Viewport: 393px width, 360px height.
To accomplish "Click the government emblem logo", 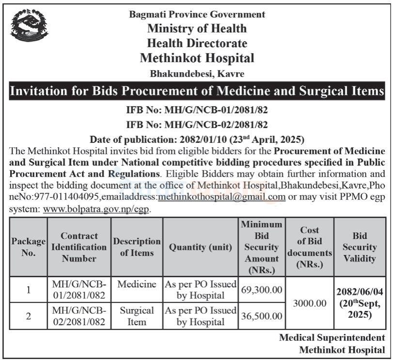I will click(30, 26).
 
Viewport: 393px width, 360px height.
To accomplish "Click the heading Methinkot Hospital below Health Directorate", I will click(197, 59).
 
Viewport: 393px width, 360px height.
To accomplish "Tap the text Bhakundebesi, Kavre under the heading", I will click(197, 74).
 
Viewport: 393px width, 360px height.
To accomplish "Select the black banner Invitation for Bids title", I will click(197, 91).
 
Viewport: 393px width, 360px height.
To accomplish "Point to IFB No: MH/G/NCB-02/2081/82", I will click(197, 125).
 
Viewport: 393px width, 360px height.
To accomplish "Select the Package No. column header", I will click(29, 247).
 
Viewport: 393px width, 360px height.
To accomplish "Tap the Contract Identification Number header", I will click(79, 247).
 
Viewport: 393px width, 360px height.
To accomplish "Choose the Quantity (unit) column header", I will click(201, 247).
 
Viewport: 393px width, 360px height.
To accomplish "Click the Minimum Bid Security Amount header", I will click(262, 247).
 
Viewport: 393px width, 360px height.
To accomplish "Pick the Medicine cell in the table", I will click(137, 283).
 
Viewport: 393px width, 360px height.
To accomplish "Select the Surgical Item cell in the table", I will click(137, 315).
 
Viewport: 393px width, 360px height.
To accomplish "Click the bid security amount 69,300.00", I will click(262, 290).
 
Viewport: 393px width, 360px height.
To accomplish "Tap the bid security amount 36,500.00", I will click(262, 316).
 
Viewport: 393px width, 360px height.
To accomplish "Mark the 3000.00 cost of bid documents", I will click(309, 303).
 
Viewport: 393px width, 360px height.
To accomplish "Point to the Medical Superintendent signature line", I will click(333, 338).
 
